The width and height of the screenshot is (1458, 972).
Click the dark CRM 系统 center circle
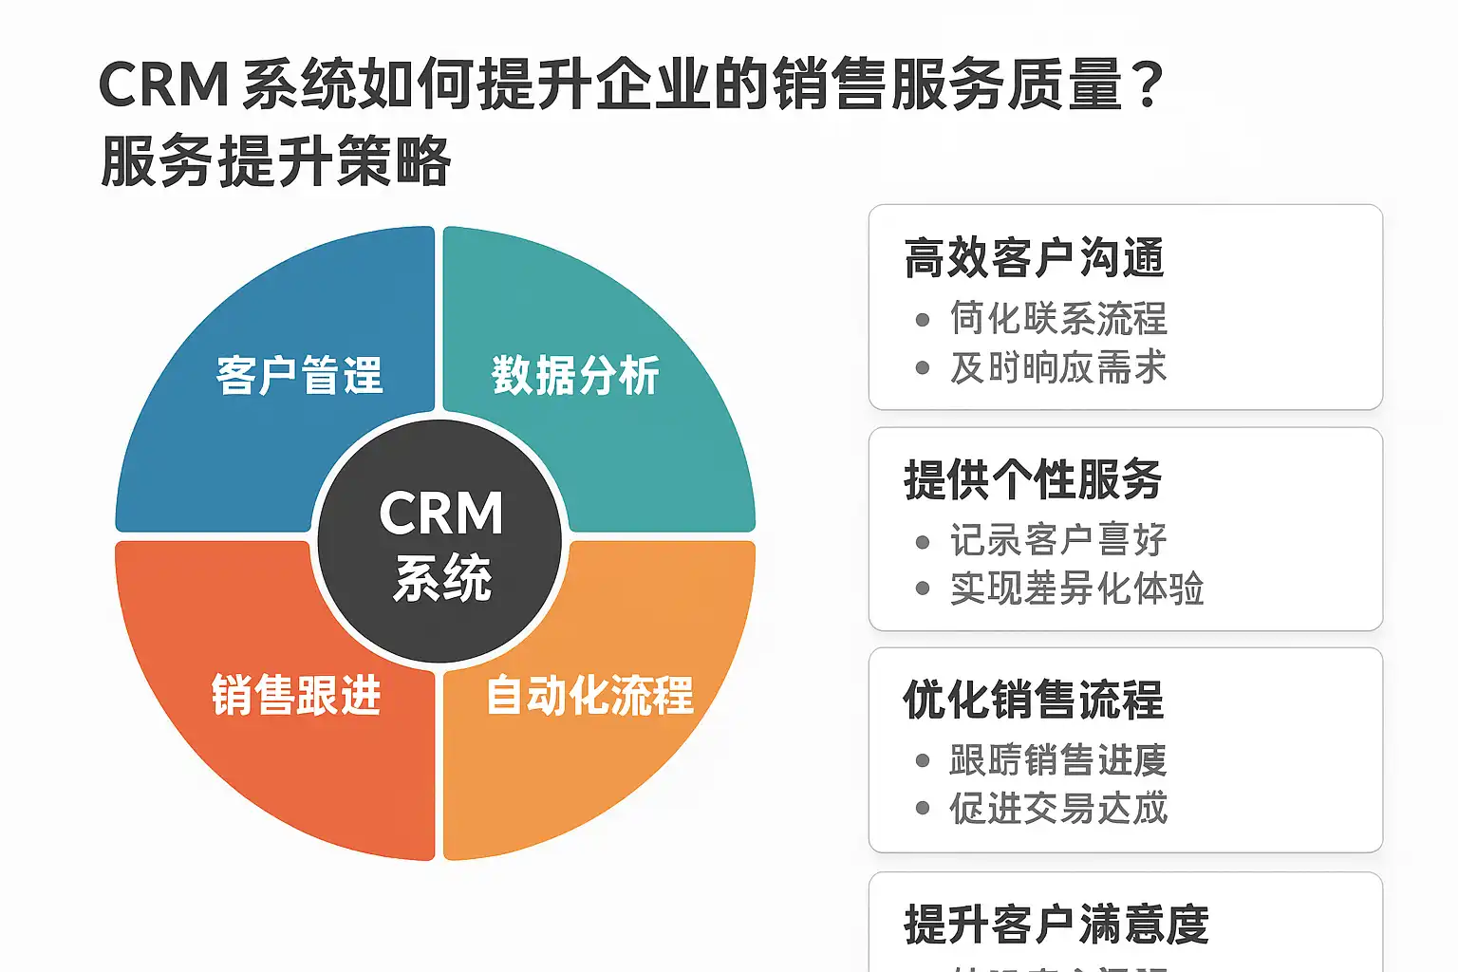(x=440, y=541)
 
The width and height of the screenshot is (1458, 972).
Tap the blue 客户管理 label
(x=299, y=376)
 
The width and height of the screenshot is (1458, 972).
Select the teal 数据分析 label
(x=575, y=376)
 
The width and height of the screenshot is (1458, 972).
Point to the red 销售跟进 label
(x=296, y=696)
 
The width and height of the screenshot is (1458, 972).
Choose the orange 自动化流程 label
(x=589, y=696)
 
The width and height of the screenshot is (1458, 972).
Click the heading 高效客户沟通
(x=1034, y=258)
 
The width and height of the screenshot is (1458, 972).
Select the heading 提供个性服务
(x=1033, y=479)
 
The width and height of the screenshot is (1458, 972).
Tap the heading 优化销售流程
(x=1033, y=701)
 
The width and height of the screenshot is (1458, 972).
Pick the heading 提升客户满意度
(x=1056, y=925)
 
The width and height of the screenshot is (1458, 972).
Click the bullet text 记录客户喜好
(x=1058, y=540)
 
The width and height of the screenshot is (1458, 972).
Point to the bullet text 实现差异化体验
(x=1076, y=589)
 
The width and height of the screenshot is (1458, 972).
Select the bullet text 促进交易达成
(x=1058, y=809)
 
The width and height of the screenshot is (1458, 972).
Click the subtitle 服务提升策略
(x=275, y=161)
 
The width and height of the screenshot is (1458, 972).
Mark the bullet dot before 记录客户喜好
(x=923, y=542)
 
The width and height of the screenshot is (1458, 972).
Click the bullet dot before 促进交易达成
(x=923, y=809)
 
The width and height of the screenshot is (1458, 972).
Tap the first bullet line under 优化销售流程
(x=1058, y=760)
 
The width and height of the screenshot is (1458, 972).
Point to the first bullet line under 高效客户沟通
(x=1058, y=319)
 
